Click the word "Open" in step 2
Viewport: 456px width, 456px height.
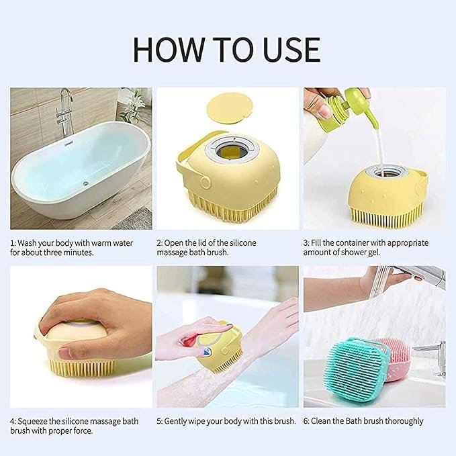click(x=176, y=242)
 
